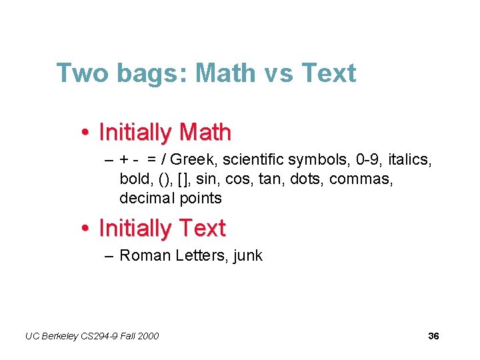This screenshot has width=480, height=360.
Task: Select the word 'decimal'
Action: (x=147, y=198)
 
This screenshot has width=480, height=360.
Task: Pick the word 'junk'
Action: (x=248, y=256)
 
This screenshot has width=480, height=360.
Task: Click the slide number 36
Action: (x=433, y=336)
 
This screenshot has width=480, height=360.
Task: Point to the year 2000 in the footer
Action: (x=148, y=336)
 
